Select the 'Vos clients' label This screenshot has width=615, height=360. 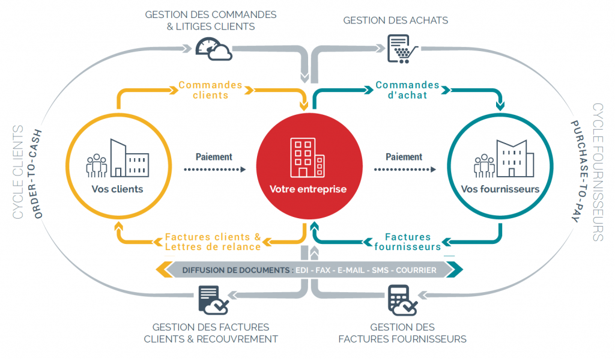(x=118, y=189)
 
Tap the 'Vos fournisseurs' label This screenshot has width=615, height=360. (x=500, y=189)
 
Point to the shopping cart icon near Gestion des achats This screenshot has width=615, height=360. (x=401, y=48)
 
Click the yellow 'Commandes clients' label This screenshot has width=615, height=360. (x=210, y=90)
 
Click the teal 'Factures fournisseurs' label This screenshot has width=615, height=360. (x=408, y=242)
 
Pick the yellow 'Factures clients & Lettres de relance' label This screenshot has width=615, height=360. (x=213, y=242)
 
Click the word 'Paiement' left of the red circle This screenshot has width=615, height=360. (x=214, y=157)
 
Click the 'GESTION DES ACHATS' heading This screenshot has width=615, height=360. (x=395, y=20)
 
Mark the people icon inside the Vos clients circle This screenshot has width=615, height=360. (x=96, y=164)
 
